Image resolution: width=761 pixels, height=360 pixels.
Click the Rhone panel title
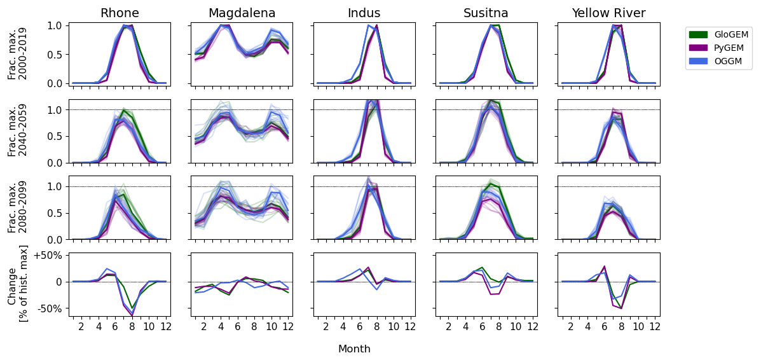coord(120,13)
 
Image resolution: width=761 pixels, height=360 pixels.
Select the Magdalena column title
coord(242,13)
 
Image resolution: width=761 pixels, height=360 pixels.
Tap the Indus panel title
coord(364,13)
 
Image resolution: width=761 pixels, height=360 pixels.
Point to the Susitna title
coord(486,13)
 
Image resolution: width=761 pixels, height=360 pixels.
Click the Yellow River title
coord(608,13)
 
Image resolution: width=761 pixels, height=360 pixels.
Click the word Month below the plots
coord(354,349)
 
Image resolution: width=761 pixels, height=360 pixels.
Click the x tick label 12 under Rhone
coord(165,327)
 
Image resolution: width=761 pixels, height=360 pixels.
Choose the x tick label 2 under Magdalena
coord(204,327)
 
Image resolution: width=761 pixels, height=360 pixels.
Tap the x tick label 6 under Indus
coord(360,327)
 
